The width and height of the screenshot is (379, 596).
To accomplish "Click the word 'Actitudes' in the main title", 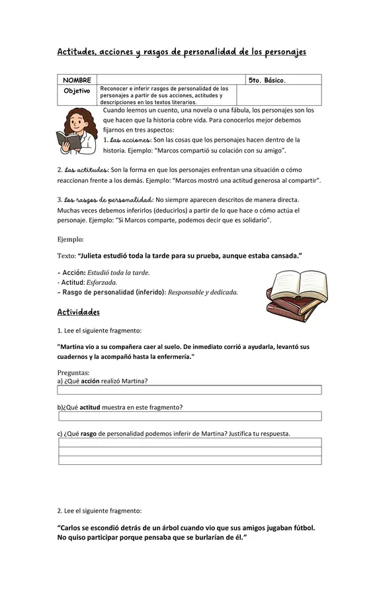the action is pyautogui.click(x=77, y=52).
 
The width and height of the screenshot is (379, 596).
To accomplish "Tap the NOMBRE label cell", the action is pyautogui.click(x=77, y=80).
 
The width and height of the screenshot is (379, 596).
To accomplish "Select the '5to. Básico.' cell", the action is pyautogui.click(x=267, y=80).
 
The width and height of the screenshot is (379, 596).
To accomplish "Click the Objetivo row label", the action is pyautogui.click(x=77, y=91).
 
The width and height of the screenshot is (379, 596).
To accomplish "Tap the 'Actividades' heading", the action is pyautogui.click(x=78, y=312).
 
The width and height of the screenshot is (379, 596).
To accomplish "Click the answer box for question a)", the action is pyautogui.click(x=190, y=390).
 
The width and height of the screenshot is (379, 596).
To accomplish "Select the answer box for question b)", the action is pyautogui.click(x=190, y=416).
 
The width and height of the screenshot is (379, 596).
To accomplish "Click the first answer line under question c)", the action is pyautogui.click(x=190, y=442).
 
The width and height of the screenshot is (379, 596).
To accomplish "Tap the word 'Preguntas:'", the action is pyautogui.click(x=73, y=372).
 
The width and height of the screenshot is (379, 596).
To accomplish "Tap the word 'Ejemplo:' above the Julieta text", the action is pyautogui.click(x=71, y=239).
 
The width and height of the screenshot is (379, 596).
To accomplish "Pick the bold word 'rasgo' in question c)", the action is pyautogui.click(x=88, y=434).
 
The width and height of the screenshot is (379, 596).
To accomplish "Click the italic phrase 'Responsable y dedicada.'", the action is pyautogui.click(x=203, y=292).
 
